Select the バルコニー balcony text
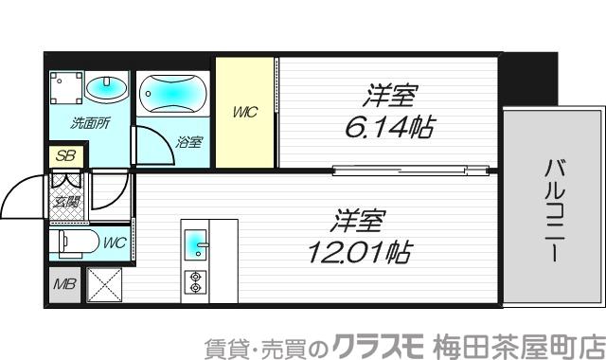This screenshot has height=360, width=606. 551,210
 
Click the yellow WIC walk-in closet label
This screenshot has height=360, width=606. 245,114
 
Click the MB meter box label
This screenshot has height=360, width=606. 64,283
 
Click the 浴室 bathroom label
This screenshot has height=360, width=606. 188,143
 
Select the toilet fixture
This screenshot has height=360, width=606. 75,243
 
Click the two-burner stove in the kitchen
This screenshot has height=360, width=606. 197,281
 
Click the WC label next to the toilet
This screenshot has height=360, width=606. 115,243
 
